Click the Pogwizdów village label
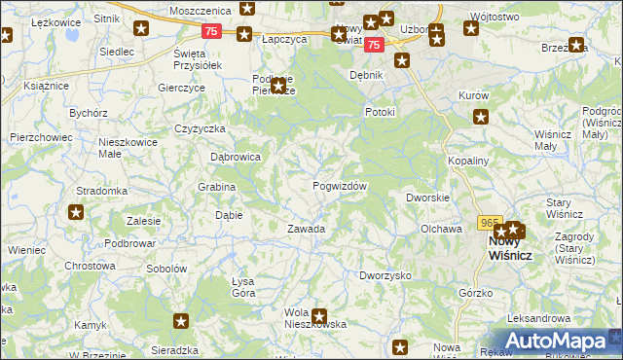click(340, 186)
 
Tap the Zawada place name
click(306, 229)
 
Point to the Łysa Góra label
click(242, 287)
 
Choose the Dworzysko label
click(385, 275)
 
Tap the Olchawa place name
click(440, 229)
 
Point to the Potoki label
click(380, 112)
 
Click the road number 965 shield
click(490, 223)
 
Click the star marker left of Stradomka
click(76, 210)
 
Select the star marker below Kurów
click(481, 118)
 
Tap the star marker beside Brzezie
click(577, 45)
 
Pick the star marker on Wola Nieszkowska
click(319, 316)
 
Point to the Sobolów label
click(165, 268)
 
